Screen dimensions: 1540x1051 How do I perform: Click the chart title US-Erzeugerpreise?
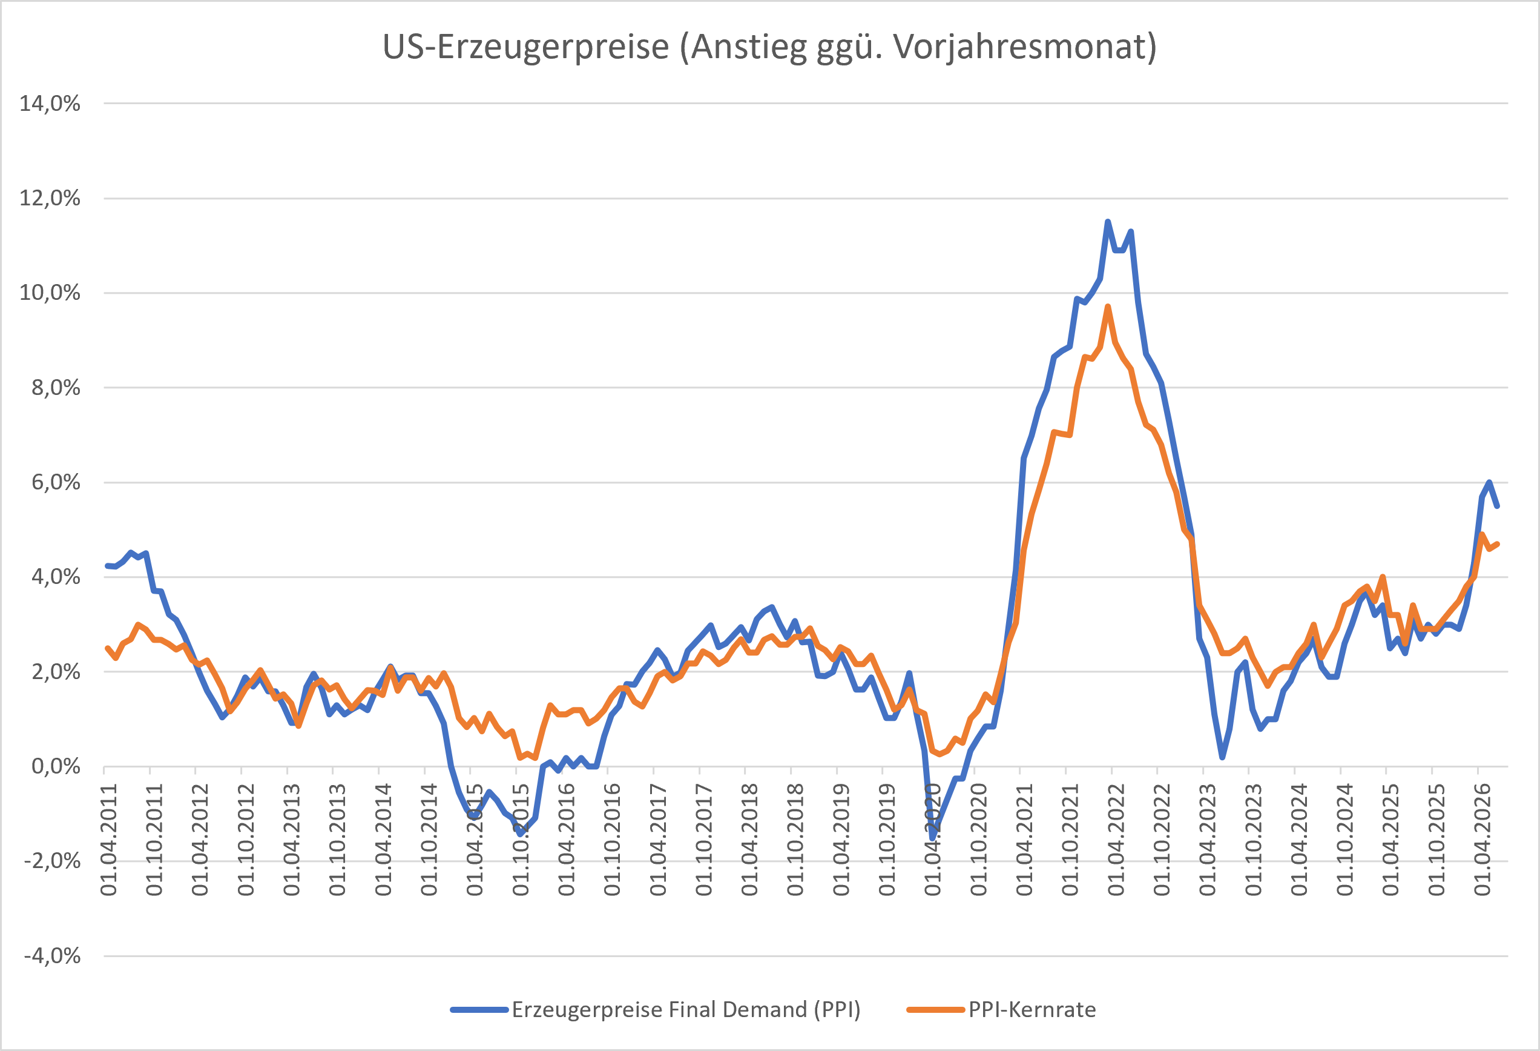(525, 48)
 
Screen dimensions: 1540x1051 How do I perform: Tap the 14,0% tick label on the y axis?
(50, 104)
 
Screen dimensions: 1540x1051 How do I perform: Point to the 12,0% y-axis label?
(50, 198)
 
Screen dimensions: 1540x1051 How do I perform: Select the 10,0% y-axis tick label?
(50, 293)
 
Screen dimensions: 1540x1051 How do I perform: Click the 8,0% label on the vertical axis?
(56, 388)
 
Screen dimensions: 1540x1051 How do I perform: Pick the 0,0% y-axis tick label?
(56, 767)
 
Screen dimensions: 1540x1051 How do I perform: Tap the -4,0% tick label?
(51, 956)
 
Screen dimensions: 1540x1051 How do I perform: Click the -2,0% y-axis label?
(51, 861)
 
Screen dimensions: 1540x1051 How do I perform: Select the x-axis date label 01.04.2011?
(109, 840)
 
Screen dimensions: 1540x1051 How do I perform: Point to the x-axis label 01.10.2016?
(612, 840)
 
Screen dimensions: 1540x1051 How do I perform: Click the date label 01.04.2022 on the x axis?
(1116, 840)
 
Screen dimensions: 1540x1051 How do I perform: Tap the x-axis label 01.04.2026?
(1482, 840)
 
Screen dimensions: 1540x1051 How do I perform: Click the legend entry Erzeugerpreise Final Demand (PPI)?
(686, 1010)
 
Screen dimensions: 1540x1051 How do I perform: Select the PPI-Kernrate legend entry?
(1032, 1010)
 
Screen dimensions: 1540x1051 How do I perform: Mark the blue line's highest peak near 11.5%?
(1107, 222)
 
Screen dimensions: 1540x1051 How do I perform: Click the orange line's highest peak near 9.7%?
(1107, 307)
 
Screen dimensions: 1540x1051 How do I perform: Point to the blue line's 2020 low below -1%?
(932, 838)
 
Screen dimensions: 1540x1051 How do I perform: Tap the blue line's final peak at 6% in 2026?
(1489, 482)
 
